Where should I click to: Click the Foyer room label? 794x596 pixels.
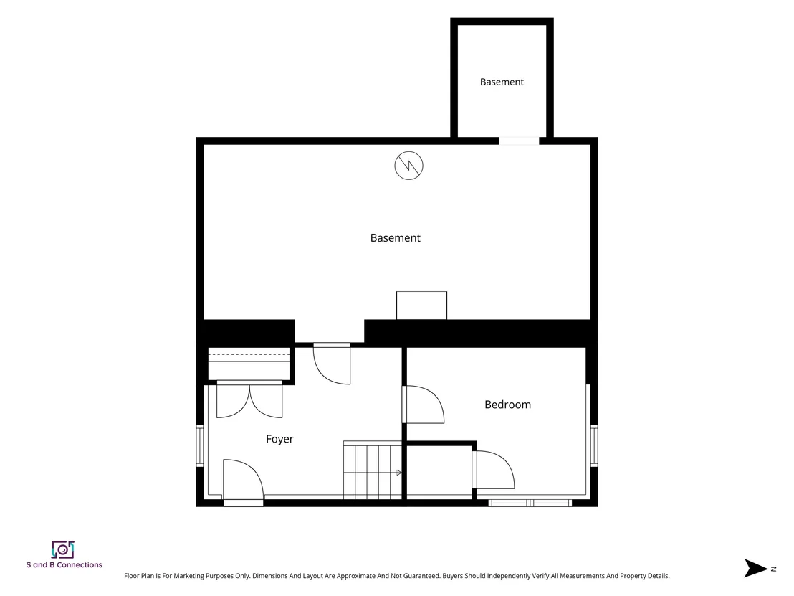click(x=279, y=439)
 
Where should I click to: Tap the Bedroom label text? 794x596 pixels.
click(x=507, y=405)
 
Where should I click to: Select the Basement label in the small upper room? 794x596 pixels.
click(x=502, y=82)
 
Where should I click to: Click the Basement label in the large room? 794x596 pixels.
click(x=395, y=237)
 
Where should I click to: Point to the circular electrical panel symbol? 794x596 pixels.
click(x=408, y=165)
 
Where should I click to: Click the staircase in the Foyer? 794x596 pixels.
click(x=373, y=470)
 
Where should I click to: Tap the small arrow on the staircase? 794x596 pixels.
click(x=399, y=473)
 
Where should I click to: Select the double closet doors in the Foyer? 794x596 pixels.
click(x=249, y=400)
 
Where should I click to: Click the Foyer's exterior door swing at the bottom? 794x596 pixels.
click(x=243, y=479)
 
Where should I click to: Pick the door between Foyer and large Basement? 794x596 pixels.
click(x=332, y=364)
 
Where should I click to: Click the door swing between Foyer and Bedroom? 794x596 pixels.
click(x=424, y=405)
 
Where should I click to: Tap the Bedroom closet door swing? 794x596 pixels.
click(x=494, y=470)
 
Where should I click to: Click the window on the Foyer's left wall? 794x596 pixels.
click(x=200, y=445)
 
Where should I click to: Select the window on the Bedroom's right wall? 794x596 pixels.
click(x=594, y=445)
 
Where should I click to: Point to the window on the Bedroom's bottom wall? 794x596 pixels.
click(x=530, y=503)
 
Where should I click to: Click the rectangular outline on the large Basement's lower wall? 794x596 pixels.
click(x=421, y=306)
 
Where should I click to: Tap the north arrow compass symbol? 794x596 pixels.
click(x=756, y=568)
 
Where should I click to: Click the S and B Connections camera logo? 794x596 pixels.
click(x=63, y=549)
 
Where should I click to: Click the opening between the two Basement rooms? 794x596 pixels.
click(x=519, y=141)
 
